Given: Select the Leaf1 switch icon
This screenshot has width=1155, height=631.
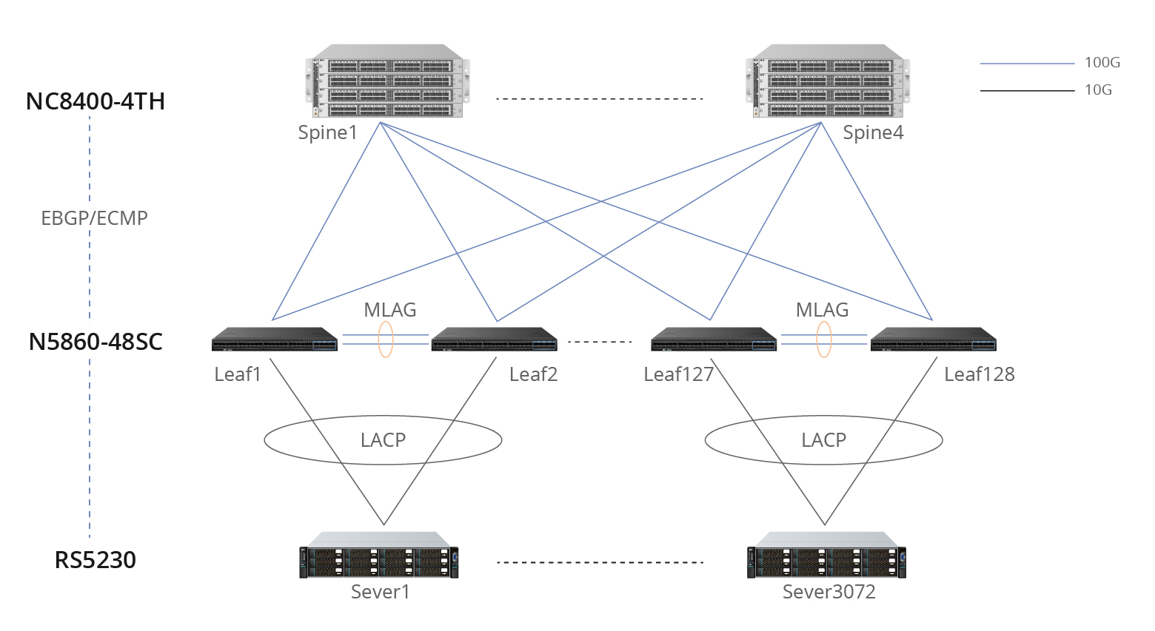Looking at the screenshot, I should [x=275, y=340].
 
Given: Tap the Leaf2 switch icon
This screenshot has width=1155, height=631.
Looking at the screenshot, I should [x=495, y=340].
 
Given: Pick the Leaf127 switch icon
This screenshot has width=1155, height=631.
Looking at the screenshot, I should [x=714, y=340].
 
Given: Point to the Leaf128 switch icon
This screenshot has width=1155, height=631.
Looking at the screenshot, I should [x=933, y=340].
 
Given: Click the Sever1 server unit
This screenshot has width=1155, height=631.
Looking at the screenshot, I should [x=379, y=556].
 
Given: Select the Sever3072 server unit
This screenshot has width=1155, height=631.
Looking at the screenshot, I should [x=826, y=556].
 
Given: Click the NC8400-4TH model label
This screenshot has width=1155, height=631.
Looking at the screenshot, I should [x=96, y=101].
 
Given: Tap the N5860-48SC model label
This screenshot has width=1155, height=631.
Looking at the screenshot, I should [x=96, y=342].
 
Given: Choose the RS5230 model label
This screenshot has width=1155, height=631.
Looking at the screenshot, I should [x=96, y=560].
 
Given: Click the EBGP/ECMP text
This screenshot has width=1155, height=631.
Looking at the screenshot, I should [x=94, y=218].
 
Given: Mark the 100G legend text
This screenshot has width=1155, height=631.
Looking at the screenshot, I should [x=1102, y=63].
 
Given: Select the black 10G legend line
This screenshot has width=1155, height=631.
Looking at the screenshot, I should [x=1027, y=90].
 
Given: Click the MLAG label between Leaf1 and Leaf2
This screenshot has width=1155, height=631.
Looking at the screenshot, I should [x=389, y=310].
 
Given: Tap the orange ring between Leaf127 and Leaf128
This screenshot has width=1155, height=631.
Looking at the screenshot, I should [x=824, y=340].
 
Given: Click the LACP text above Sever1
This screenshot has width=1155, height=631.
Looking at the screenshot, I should [x=383, y=440].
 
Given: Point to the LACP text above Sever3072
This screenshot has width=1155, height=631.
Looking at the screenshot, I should [x=823, y=440].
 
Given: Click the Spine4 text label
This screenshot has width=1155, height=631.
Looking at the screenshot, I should [x=873, y=133].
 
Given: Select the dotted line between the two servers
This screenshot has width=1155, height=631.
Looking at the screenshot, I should [x=600, y=562].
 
